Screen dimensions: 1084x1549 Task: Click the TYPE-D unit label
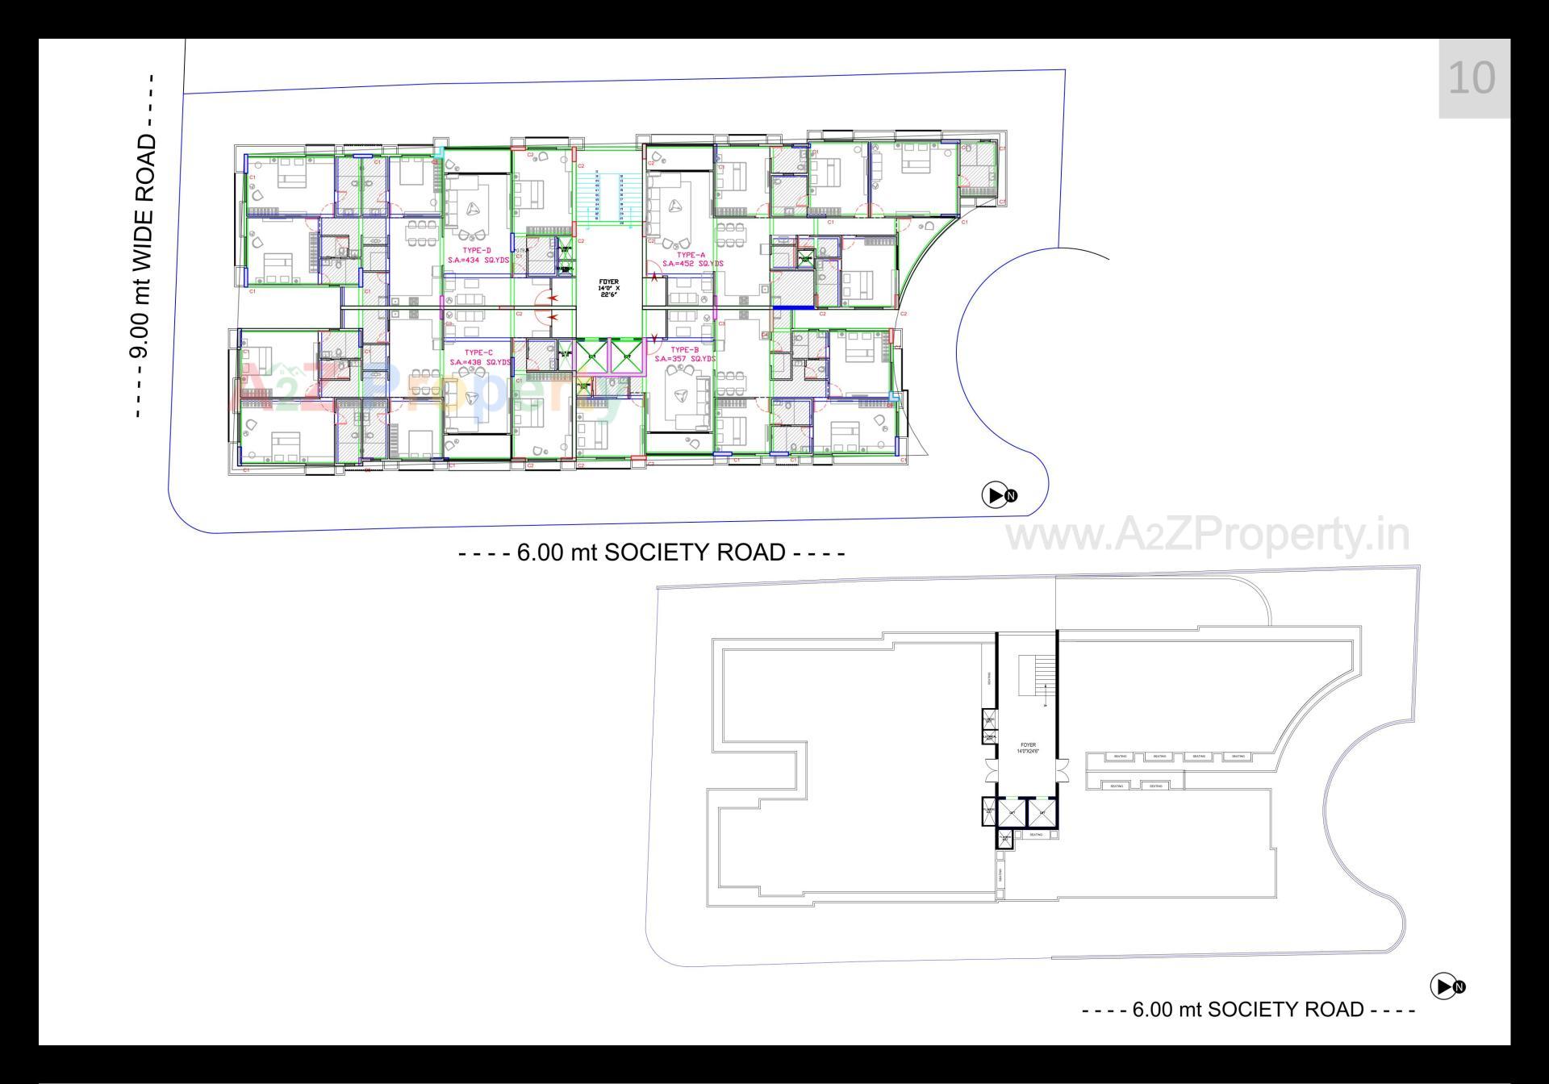coord(477,251)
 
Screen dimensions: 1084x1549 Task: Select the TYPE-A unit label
coord(691,255)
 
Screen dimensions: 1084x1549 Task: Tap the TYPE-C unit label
coord(478,352)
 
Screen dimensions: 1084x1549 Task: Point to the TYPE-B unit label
coord(684,350)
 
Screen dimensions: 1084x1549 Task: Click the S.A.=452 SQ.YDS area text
coord(692,264)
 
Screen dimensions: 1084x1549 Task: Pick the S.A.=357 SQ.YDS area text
coord(684,359)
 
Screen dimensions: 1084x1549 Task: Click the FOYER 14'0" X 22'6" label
coord(609,288)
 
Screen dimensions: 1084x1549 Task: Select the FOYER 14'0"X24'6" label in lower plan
coord(1028,748)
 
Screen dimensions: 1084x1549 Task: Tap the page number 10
coord(1472,78)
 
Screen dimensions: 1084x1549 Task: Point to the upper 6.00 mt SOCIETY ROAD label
coord(651,552)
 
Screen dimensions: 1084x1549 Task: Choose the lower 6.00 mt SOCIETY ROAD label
coord(1248,1009)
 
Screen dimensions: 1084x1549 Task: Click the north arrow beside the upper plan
coord(998,495)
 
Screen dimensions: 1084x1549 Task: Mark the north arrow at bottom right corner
coord(1447,986)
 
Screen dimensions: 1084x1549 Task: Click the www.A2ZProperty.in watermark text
coord(1208,535)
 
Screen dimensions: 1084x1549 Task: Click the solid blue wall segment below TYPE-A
coord(792,307)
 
